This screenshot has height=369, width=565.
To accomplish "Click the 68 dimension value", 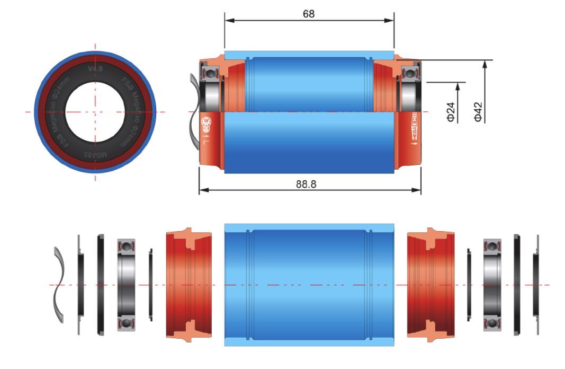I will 309,13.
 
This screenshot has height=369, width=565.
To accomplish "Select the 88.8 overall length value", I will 309,183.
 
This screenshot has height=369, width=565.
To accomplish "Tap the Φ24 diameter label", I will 451,112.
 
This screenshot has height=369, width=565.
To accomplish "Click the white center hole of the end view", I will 95,112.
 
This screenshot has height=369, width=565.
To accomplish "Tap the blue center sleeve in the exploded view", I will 309,284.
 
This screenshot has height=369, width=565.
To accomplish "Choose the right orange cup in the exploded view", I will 430,284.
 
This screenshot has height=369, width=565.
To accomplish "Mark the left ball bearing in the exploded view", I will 127,284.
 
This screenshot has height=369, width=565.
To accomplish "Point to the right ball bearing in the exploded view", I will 492,284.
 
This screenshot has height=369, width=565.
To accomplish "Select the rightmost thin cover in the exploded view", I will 536,284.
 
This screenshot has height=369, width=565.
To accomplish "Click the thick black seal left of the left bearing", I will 100,284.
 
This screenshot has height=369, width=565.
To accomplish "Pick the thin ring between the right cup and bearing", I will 470,284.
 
